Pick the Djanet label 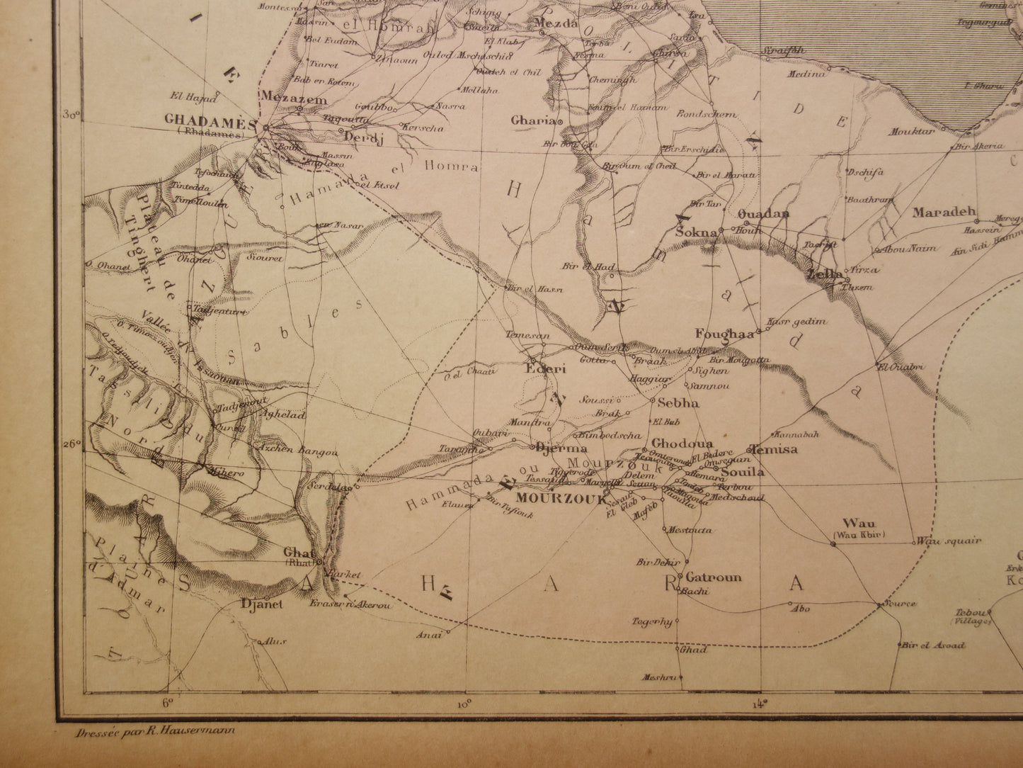[x=262, y=604]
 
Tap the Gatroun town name [x=713, y=577]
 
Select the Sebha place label [x=678, y=403]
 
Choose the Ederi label [x=542, y=368]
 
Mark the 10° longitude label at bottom [x=464, y=704]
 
